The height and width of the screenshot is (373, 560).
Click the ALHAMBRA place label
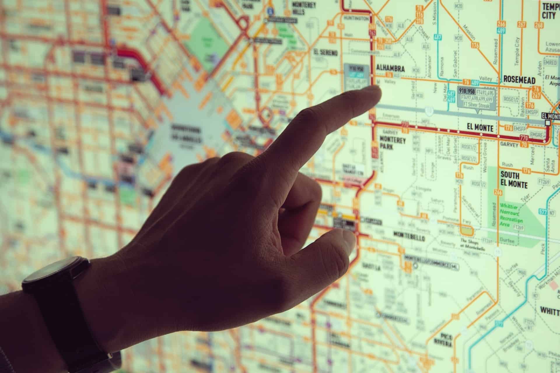[x=390, y=68]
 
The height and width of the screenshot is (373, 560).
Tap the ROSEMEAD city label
[x=519, y=80]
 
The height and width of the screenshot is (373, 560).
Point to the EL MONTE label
[x=480, y=127]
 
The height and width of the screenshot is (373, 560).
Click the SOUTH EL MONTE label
[x=514, y=180]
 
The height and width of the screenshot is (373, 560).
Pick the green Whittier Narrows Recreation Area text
[x=511, y=215]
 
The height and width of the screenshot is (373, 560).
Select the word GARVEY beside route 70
[x=509, y=144]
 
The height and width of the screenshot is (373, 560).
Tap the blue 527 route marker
[x=543, y=212]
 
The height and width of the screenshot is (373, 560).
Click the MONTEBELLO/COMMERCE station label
[x=427, y=265]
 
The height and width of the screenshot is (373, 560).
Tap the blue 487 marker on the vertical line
[x=437, y=37]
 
